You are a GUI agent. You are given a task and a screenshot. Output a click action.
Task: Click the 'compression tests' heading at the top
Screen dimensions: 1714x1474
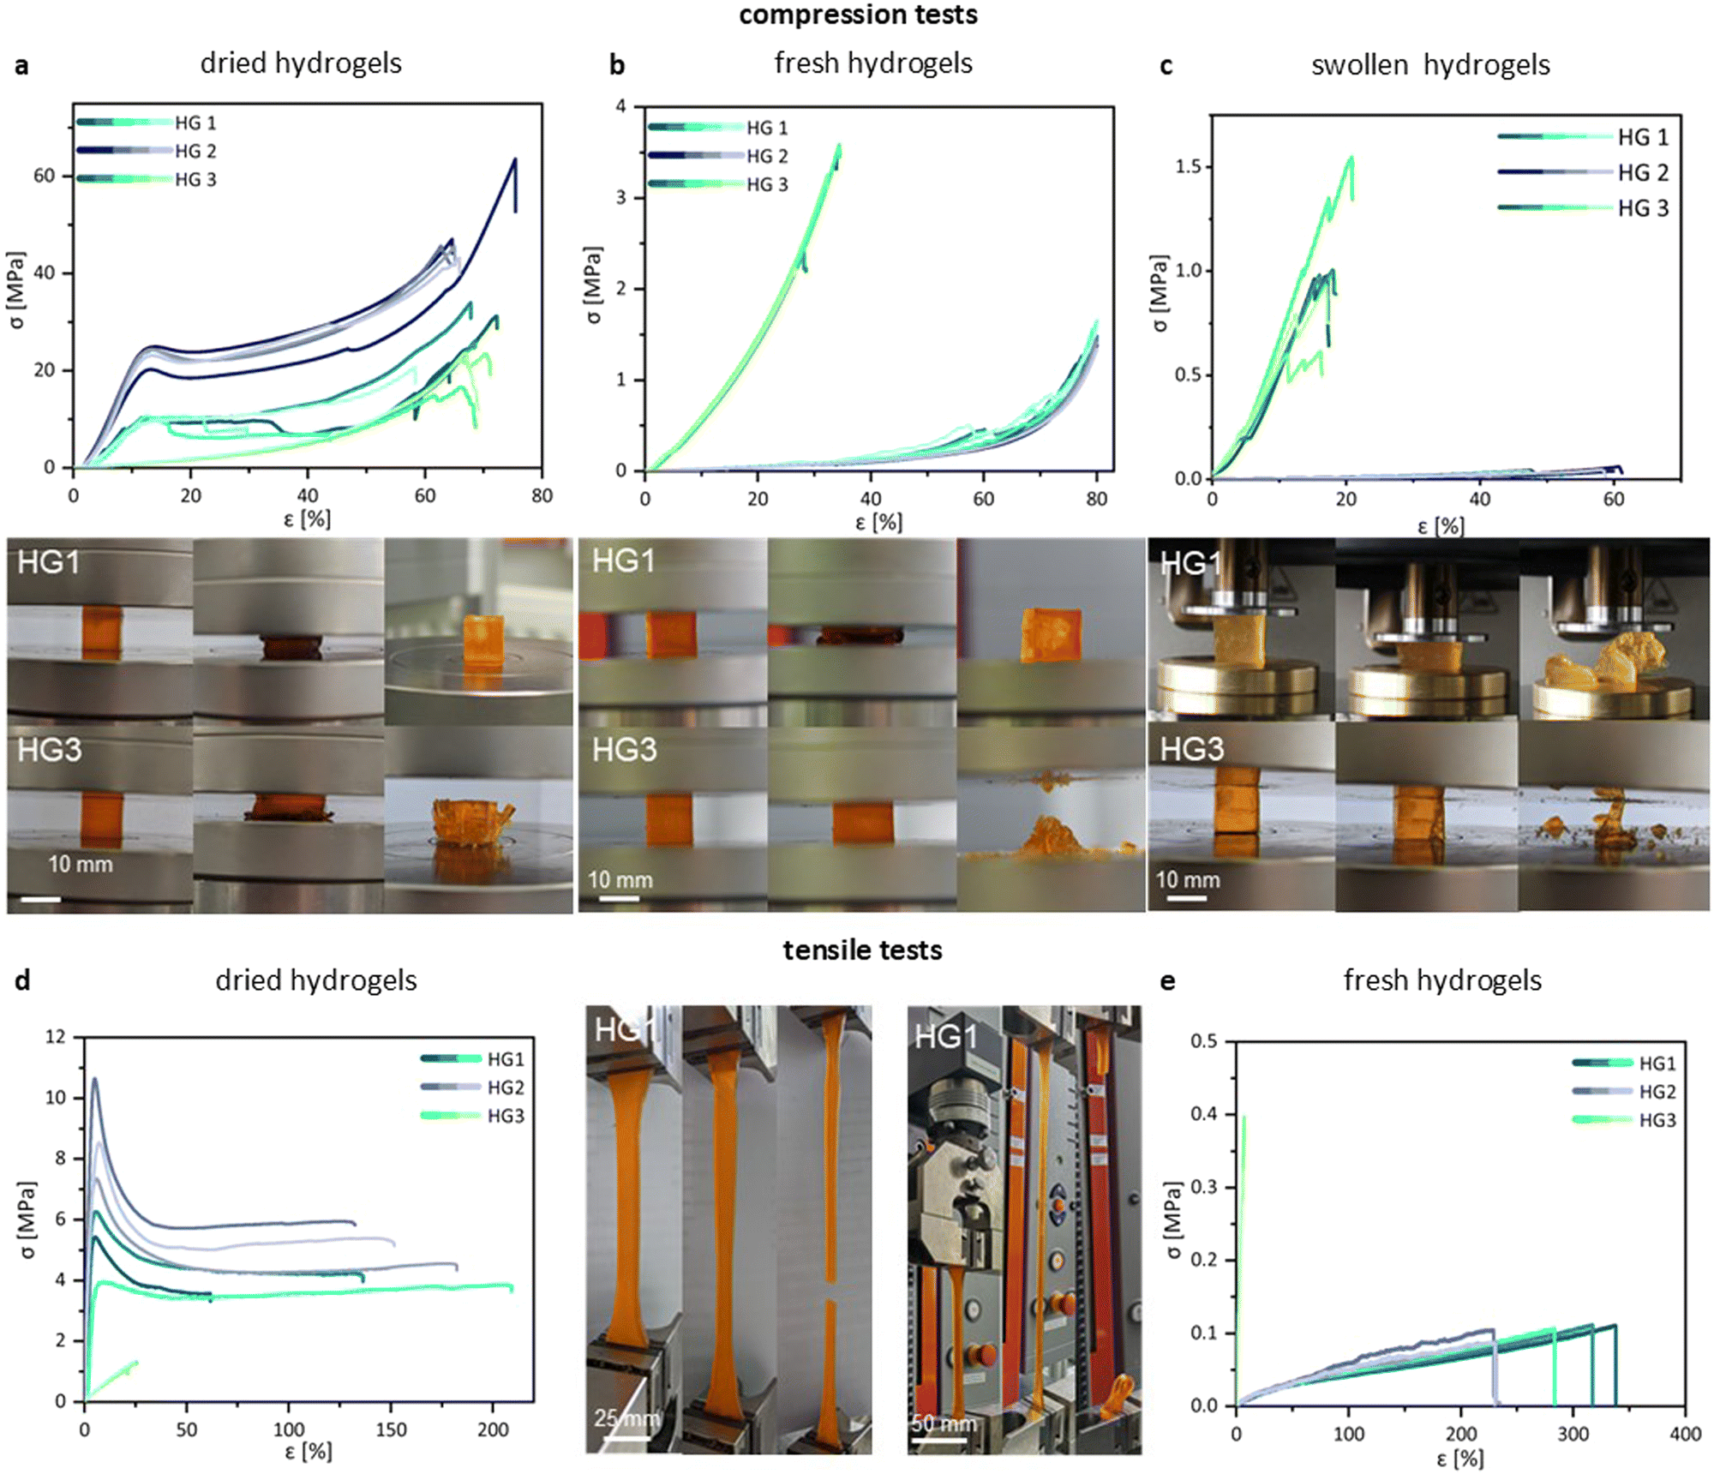(x=858, y=15)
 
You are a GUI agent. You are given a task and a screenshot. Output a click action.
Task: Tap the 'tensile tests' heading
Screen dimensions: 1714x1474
(x=862, y=950)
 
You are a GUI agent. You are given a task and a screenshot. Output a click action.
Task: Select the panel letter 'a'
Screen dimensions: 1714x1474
(x=21, y=66)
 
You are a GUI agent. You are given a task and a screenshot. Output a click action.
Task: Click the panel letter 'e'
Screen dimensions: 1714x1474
(x=1167, y=981)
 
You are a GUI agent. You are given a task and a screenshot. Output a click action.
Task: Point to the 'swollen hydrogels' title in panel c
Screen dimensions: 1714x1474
(x=1430, y=65)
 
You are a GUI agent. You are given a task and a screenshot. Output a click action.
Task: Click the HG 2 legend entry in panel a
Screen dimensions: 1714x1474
(x=147, y=151)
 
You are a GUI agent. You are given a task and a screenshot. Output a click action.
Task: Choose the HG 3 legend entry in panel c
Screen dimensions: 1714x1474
(x=1584, y=208)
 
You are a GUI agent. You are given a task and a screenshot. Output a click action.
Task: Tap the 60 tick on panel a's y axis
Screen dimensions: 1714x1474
(x=44, y=176)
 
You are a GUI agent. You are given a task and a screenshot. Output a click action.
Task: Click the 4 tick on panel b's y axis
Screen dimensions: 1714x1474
(x=620, y=106)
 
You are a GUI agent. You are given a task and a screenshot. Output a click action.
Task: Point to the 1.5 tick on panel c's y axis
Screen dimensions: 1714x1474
(x=1188, y=166)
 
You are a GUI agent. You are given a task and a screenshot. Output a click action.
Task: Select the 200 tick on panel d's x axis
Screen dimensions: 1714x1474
(x=493, y=1429)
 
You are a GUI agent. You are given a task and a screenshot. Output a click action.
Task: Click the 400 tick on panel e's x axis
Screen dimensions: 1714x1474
(x=1685, y=1434)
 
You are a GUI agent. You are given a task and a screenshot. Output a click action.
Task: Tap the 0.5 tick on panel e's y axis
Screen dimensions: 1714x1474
(x=1204, y=1041)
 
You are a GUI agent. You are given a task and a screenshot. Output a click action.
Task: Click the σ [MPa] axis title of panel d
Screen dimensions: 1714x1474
(x=27, y=1220)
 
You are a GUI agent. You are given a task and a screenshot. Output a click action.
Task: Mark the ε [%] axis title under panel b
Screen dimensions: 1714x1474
(x=878, y=522)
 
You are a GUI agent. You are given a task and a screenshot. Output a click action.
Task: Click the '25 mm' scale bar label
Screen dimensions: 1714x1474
(x=626, y=1418)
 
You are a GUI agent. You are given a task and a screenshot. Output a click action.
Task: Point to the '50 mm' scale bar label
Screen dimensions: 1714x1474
(x=944, y=1423)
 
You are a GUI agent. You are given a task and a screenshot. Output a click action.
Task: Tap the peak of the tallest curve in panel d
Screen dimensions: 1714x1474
(x=94, y=1078)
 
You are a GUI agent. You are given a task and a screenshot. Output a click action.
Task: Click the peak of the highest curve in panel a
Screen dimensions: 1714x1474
(x=515, y=159)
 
